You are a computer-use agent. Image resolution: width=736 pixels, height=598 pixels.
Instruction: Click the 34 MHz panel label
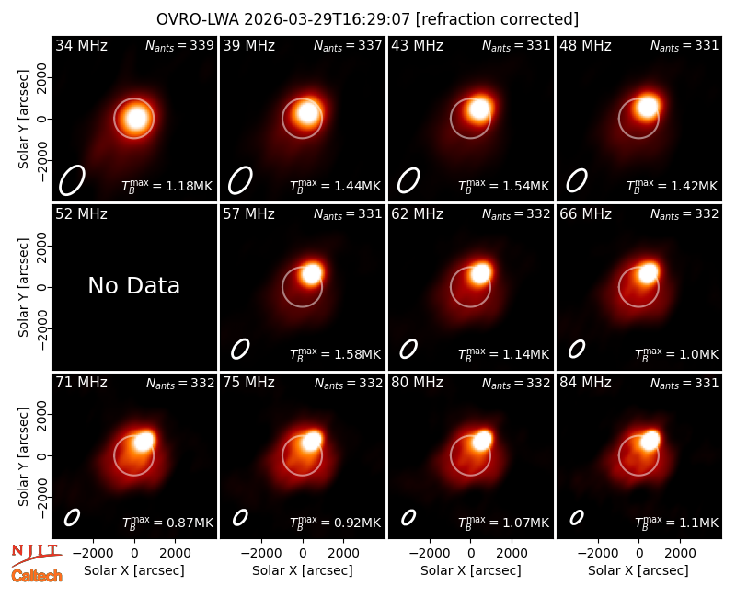81,45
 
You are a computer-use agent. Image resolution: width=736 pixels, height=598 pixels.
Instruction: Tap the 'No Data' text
133,285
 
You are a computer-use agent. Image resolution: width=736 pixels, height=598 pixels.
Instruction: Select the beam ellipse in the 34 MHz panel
72,180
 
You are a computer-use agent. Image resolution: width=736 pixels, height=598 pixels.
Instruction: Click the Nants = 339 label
179,45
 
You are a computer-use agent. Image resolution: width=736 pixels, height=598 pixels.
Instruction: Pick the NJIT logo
36,555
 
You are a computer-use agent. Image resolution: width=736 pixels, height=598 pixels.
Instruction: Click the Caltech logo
37,576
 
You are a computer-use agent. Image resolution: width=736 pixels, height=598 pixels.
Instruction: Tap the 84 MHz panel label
585,383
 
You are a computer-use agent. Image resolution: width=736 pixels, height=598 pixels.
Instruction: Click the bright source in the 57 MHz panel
311,273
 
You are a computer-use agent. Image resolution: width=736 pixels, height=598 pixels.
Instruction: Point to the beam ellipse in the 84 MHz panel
577,517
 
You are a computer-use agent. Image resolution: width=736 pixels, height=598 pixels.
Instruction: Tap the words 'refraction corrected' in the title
497,19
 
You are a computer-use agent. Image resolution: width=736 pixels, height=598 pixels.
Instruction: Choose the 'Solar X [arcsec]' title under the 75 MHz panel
303,570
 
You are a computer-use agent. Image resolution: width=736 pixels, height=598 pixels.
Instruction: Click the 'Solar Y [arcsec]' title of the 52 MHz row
24,287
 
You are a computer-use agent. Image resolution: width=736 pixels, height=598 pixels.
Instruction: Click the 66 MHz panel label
585,214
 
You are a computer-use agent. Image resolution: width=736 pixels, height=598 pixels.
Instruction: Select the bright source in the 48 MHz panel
648,107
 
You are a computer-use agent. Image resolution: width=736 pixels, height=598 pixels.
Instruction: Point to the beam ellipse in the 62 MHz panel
408,349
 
